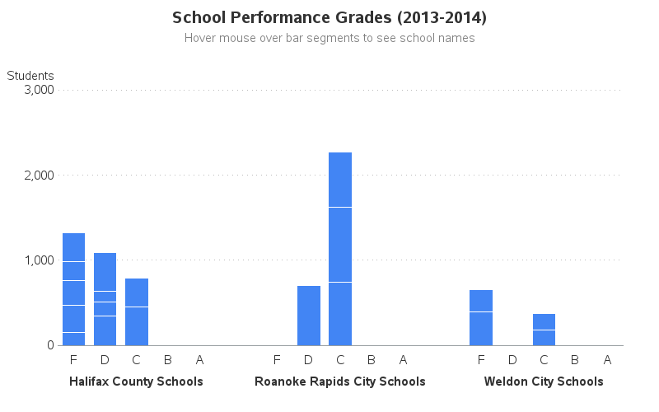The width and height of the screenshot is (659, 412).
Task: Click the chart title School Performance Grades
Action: (329, 17)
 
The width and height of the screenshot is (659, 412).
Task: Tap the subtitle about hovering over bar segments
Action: (329, 38)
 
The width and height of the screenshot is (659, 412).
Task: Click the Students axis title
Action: (30, 76)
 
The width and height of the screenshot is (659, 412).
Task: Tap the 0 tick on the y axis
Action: (49, 345)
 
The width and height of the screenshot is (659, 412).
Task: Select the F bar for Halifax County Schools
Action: (73, 289)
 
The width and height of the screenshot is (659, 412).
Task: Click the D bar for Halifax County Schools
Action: (105, 299)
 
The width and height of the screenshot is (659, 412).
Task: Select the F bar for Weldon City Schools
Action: (481, 317)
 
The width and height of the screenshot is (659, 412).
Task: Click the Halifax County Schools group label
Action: (136, 382)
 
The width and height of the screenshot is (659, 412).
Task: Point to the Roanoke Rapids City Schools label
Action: (340, 382)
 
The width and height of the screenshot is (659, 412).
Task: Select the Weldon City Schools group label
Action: (544, 382)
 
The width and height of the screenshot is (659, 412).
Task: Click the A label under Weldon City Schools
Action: (607, 360)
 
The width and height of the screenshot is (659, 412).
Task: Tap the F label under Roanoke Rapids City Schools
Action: (277, 360)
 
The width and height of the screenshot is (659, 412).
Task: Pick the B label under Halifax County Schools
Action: (168, 360)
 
